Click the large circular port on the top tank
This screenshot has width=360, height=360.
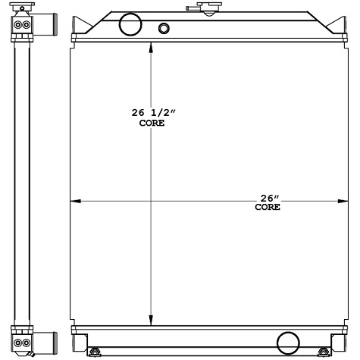[131, 24]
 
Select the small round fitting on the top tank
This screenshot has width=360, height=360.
[164, 30]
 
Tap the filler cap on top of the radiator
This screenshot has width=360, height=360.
[205, 8]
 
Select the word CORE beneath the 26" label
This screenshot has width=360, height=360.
[268, 207]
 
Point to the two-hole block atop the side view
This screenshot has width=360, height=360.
[23, 25]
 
